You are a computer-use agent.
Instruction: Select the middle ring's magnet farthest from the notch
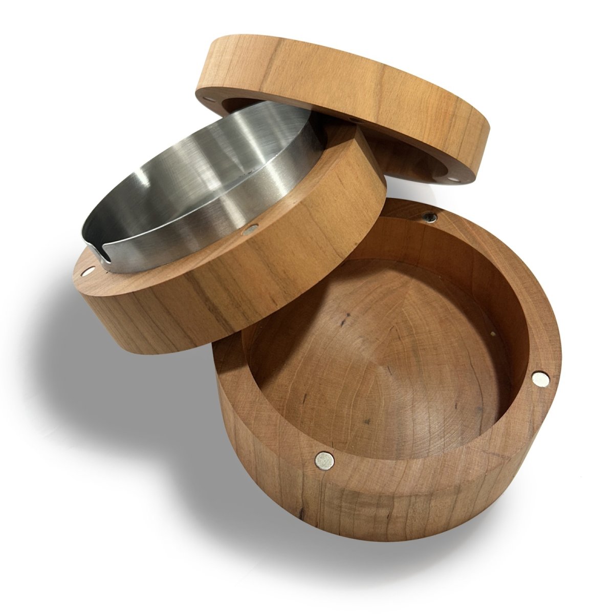pos(251,230)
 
